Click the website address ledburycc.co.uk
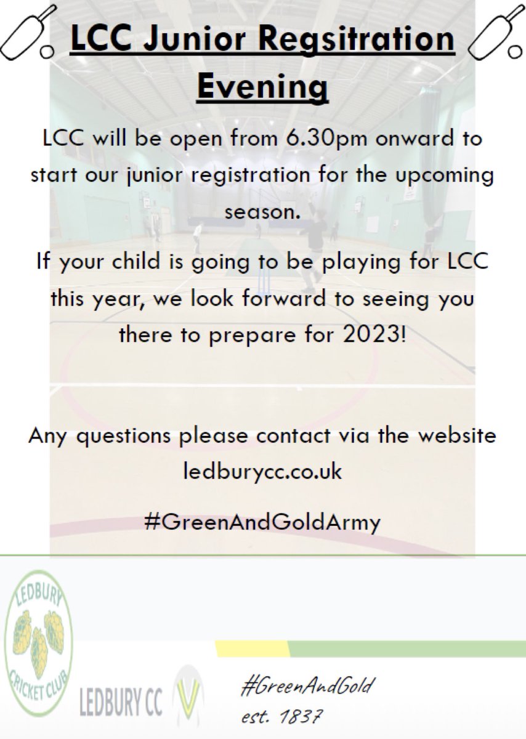pos(262,473)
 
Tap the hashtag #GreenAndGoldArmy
pos(262,523)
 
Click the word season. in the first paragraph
pos(262,213)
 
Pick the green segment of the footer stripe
pos(407,648)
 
